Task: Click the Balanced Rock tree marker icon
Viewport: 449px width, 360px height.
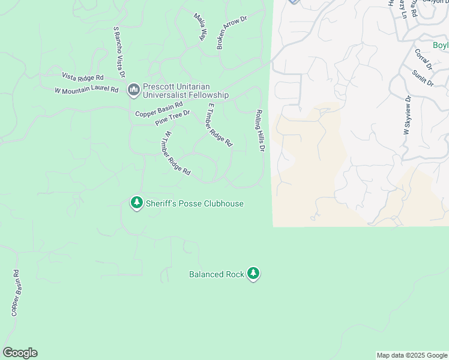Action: tap(253, 274)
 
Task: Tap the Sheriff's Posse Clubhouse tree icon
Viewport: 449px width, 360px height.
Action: tap(137, 203)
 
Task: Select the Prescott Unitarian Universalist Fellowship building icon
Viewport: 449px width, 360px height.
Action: tap(133, 90)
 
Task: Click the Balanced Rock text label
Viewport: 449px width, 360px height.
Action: tap(216, 274)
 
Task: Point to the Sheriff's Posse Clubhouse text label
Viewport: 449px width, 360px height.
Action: tap(194, 203)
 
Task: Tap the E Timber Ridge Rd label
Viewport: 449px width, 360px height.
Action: tap(219, 125)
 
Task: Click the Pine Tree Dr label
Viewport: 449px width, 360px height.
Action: tap(172, 118)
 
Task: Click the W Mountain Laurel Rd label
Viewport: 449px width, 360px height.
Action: tap(86, 91)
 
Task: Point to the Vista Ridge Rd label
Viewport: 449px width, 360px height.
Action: tap(83, 77)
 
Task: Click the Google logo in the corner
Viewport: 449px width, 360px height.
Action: tap(20, 353)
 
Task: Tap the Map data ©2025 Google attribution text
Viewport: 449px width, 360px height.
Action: tap(412, 355)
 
